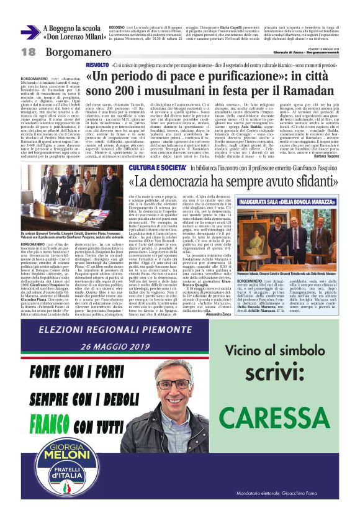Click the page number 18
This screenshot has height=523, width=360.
[x=28, y=52]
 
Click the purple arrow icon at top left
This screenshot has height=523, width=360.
[x=30, y=32]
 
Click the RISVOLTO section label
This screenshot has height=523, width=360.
[x=97, y=65]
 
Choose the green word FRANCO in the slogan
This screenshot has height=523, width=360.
[x=56, y=425]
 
